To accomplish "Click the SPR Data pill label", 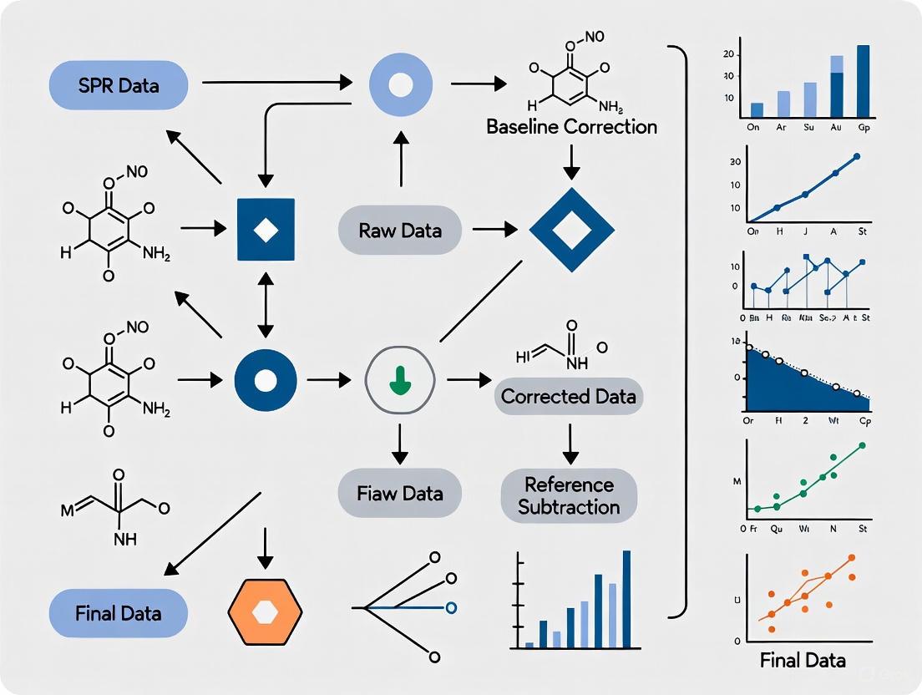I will [119, 85].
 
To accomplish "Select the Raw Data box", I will [400, 230].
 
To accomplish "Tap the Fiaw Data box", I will [400, 493].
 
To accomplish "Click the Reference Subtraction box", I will [568, 495].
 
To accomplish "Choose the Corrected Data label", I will [569, 396].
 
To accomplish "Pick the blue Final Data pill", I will [119, 613].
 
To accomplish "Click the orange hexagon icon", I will [265, 614].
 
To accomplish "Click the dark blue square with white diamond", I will [266, 230].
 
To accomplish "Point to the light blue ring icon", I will [400, 84].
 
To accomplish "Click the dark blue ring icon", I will [266, 380].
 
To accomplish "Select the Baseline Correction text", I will [571, 127].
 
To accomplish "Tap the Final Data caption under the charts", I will [803, 660].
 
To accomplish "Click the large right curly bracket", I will [678, 334].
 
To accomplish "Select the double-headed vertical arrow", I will [266, 305].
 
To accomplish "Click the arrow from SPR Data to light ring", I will [276, 83].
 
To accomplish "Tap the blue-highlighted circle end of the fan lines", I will [451, 606].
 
